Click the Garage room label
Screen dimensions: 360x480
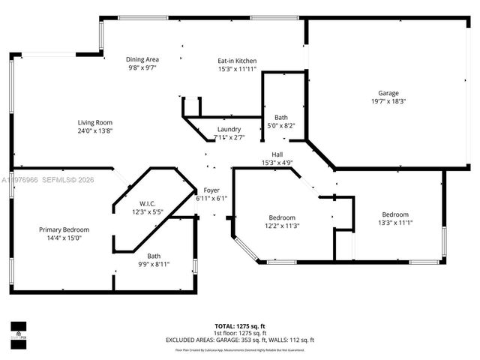388,93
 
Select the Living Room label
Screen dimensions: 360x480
94,122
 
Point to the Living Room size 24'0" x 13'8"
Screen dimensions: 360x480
94,130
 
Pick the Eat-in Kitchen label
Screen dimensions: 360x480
237,60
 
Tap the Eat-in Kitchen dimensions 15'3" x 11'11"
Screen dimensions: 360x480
237,69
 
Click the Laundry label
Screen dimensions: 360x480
229,129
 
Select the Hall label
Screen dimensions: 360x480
277,154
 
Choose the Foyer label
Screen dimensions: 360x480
211,190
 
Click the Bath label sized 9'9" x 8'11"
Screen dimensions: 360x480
154,256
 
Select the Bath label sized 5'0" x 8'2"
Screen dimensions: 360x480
280,117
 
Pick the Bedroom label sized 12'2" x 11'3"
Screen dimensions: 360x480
282,217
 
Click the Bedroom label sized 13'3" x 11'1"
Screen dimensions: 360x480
396,214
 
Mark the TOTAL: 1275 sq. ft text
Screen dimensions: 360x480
240,325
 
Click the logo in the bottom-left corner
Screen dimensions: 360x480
18,329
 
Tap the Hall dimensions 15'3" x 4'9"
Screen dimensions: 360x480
277,163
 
